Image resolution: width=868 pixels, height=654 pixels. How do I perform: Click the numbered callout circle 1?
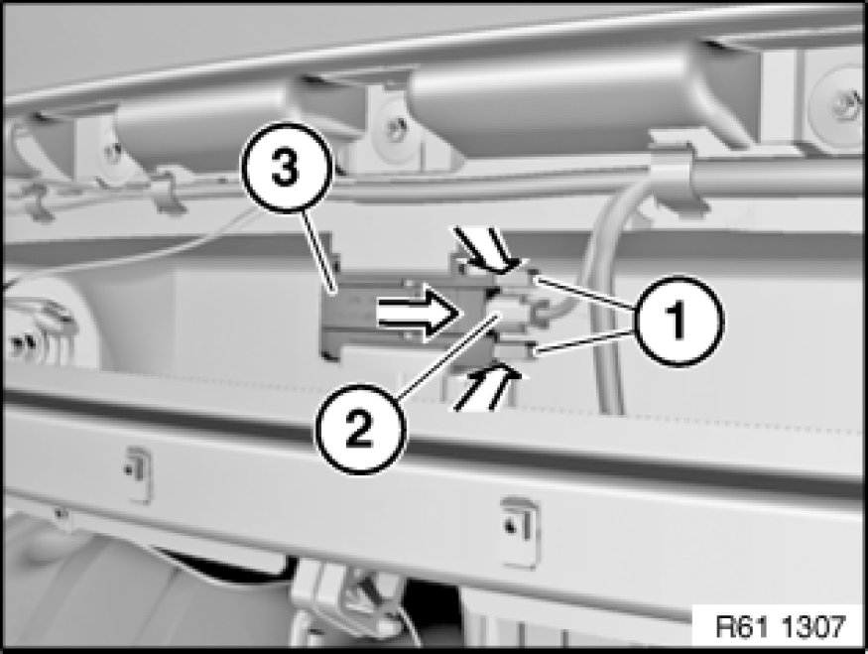679,321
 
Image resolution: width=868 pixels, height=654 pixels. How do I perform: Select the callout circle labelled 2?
360,428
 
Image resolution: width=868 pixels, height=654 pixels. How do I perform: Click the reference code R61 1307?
781,627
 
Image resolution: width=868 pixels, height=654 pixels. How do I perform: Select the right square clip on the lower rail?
521,532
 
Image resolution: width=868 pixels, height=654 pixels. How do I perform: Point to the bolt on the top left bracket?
113,151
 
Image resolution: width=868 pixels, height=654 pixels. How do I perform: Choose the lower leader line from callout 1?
585,340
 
